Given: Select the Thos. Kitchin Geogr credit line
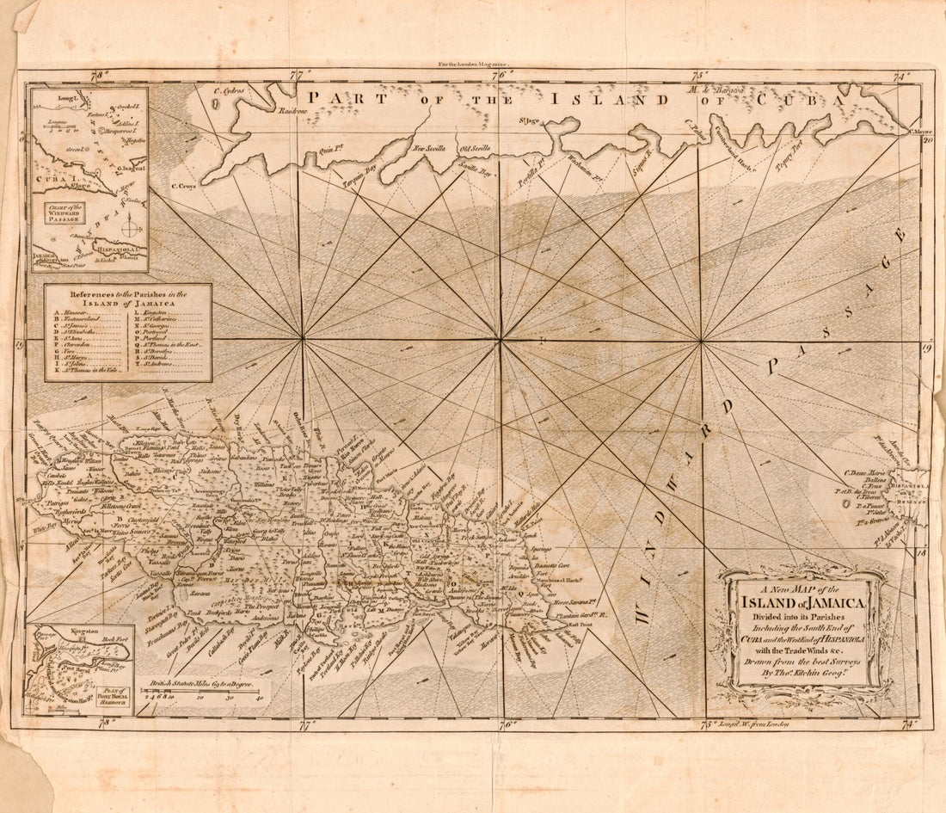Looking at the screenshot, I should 801,674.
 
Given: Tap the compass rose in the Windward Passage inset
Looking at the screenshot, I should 131,229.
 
